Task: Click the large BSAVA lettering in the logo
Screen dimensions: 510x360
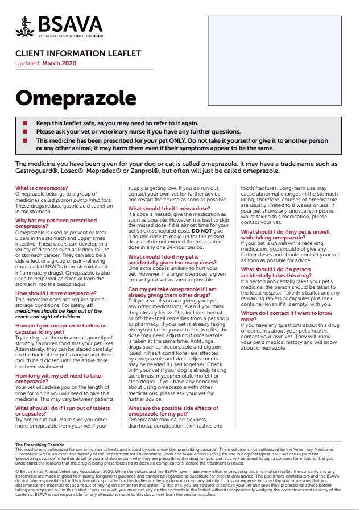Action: coord(71,24)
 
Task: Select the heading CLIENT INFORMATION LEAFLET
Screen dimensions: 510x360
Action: coord(78,54)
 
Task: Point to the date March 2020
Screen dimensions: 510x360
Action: coord(59,63)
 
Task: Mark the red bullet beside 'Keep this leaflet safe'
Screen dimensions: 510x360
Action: coord(24,123)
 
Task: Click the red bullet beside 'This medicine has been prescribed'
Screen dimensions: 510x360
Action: coord(24,140)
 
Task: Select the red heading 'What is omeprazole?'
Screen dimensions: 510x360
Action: coord(42,188)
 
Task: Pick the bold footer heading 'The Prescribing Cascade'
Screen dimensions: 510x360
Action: coord(40,445)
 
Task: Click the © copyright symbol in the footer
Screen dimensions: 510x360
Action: coord(17,470)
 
